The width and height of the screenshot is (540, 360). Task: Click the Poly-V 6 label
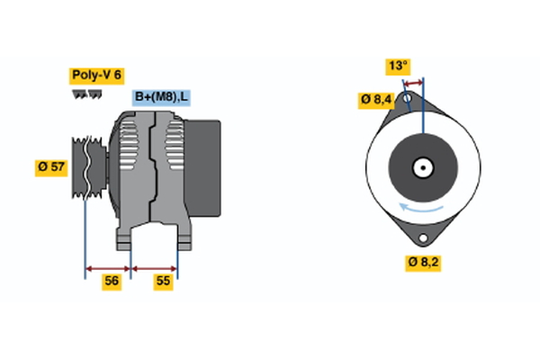95,76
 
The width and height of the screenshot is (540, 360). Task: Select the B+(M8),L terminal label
161,97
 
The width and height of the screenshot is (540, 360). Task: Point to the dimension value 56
112,282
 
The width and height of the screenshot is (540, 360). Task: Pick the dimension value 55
164,282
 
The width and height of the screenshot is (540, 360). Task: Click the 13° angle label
398,66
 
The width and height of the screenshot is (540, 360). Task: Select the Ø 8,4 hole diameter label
376,99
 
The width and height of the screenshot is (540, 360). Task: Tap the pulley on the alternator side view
87,167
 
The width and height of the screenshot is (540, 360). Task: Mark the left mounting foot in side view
125,238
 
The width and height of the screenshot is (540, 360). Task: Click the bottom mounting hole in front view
424,238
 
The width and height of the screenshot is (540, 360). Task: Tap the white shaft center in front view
422,167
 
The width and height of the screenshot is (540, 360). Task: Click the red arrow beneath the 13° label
413,82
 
